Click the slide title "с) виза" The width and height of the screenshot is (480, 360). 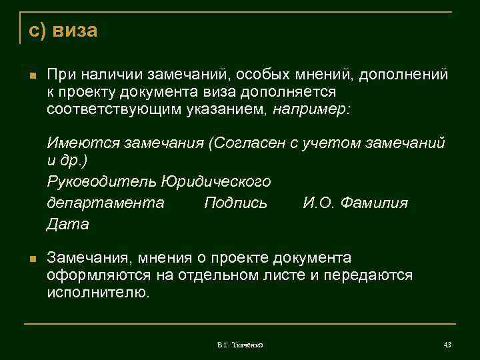(x=63, y=31)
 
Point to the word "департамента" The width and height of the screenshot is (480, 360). (x=105, y=203)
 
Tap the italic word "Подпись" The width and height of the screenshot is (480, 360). (x=235, y=203)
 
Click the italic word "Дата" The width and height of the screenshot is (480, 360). (x=67, y=225)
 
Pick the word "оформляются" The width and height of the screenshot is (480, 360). (x=97, y=275)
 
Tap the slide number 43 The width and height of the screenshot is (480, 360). (x=447, y=344)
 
